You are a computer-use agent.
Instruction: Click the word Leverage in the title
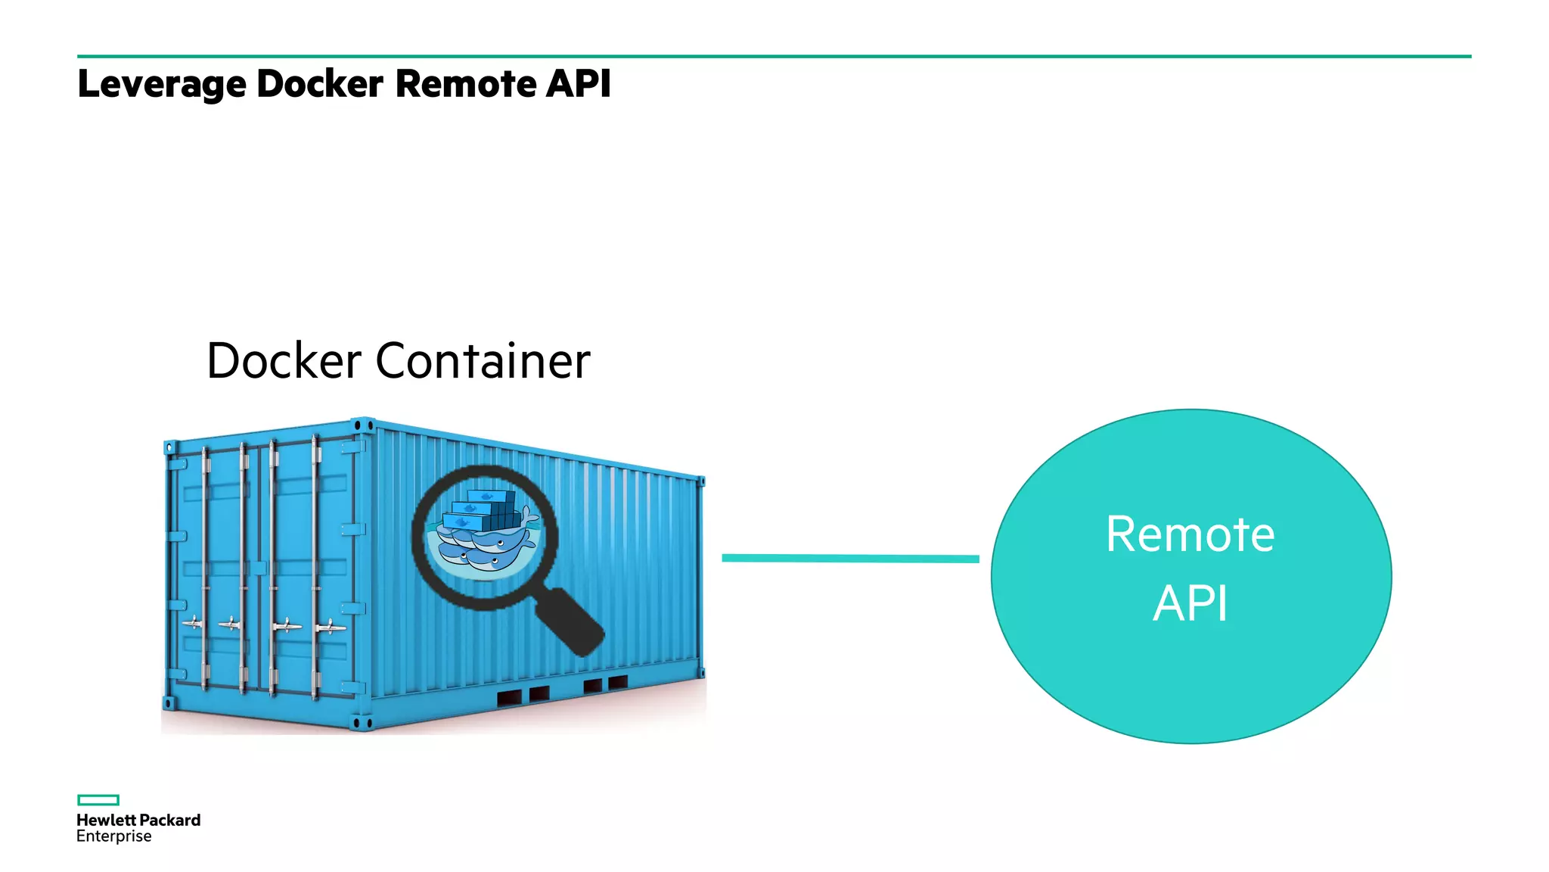[x=161, y=84]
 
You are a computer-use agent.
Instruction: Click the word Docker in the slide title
[x=319, y=83]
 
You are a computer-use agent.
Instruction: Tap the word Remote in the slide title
[x=465, y=83]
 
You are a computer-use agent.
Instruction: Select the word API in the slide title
[x=578, y=83]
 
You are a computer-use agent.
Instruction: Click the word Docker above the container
[x=284, y=361]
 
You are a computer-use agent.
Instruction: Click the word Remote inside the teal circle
[x=1190, y=534]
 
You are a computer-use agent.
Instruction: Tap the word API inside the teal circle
[x=1190, y=603]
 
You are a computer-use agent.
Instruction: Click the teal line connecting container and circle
[x=850, y=559]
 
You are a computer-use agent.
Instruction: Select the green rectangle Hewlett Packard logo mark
[x=98, y=800]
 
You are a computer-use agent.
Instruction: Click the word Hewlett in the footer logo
[x=106, y=821]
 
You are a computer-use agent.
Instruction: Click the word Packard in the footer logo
[x=170, y=821]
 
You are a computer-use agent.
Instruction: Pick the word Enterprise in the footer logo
[x=113, y=836]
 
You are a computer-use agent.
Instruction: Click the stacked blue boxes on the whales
[x=480, y=511]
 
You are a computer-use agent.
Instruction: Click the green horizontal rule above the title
[x=774, y=56]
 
